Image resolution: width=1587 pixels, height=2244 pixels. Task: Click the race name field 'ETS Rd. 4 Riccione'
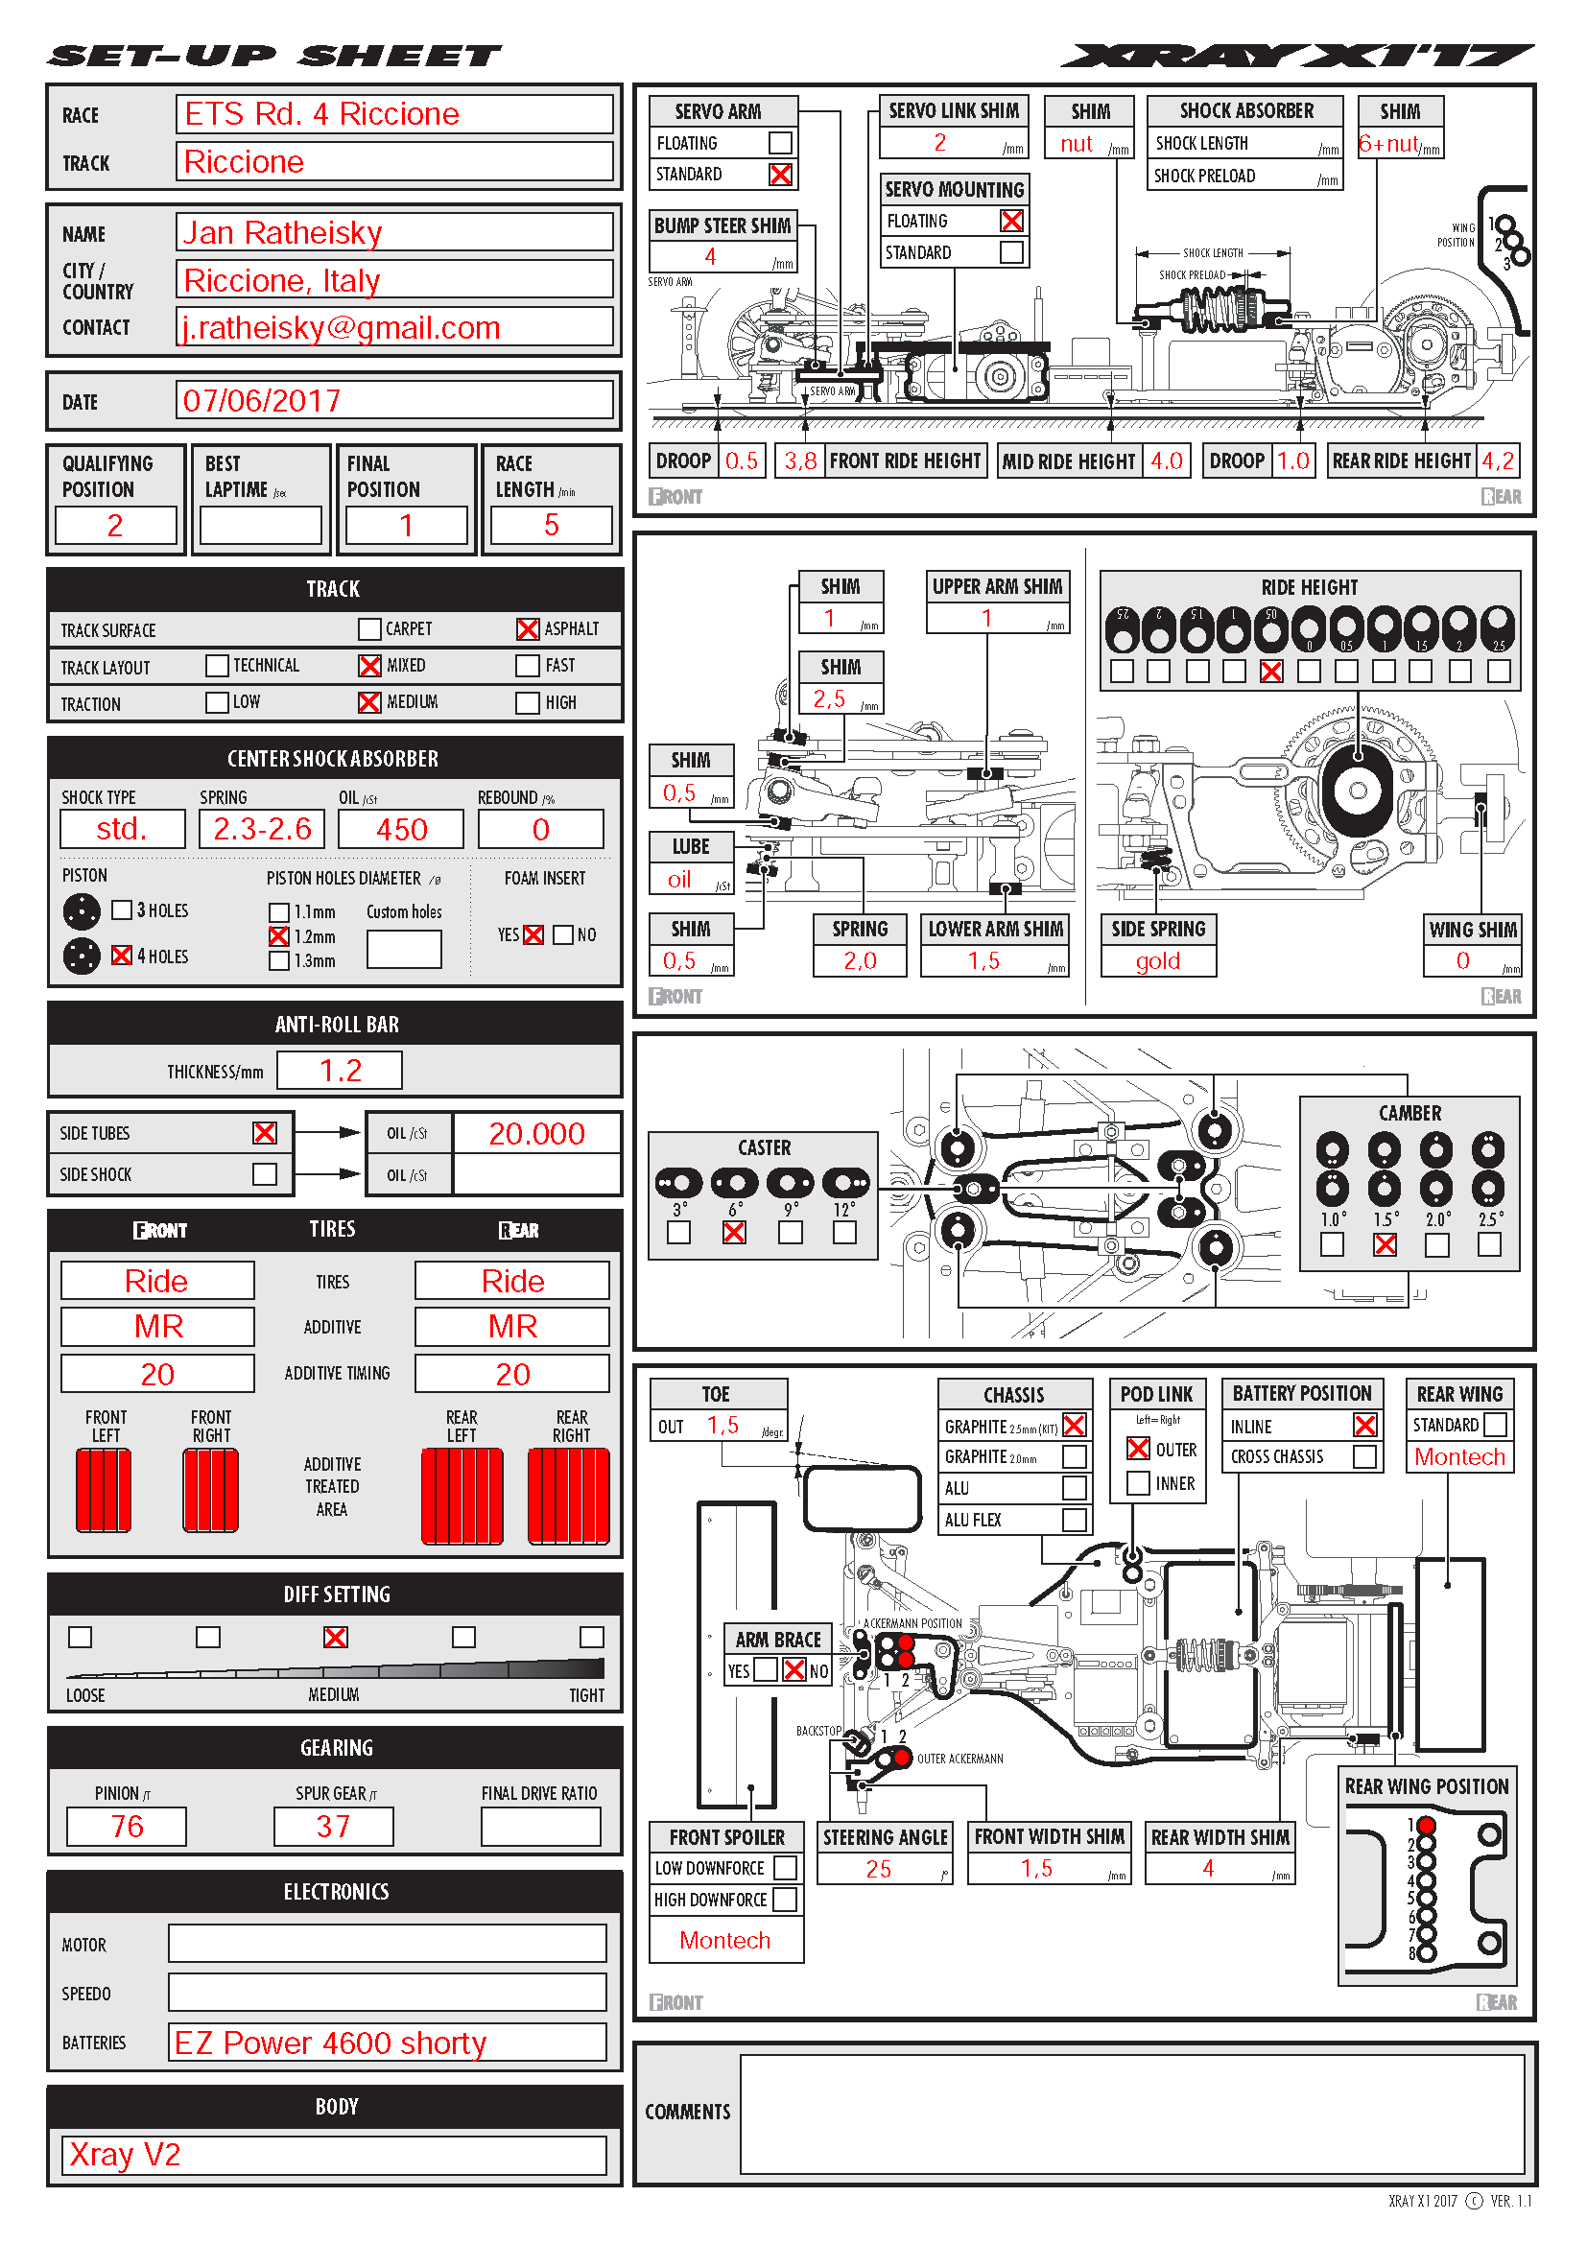(321, 114)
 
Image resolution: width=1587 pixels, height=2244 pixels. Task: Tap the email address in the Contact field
(341, 327)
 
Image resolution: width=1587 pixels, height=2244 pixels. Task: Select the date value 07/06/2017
(262, 401)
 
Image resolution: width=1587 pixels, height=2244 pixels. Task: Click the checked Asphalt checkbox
(528, 629)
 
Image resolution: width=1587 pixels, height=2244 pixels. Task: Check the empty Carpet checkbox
(369, 629)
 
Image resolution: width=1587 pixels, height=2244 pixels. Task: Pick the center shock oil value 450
(402, 830)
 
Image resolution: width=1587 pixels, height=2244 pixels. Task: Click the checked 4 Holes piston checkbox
(122, 956)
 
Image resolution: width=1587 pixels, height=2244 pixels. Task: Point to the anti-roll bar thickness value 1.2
(340, 1072)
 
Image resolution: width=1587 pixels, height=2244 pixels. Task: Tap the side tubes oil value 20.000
(536, 1134)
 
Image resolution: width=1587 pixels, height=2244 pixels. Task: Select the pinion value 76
(127, 1827)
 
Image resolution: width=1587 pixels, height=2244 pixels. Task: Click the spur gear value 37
(333, 1827)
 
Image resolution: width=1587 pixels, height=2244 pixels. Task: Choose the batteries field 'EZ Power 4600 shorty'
(330, 2043)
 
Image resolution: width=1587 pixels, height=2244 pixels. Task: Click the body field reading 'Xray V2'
(125, 2155)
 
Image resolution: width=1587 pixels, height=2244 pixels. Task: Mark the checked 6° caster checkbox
(734, 1234)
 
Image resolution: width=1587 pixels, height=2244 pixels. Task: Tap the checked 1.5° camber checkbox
(1385, 1245)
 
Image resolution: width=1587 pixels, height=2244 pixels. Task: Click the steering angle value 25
(879, 1870)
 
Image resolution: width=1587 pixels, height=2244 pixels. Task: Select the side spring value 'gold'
(1158, 961)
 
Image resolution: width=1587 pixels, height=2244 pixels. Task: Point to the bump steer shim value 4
(710, 257)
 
